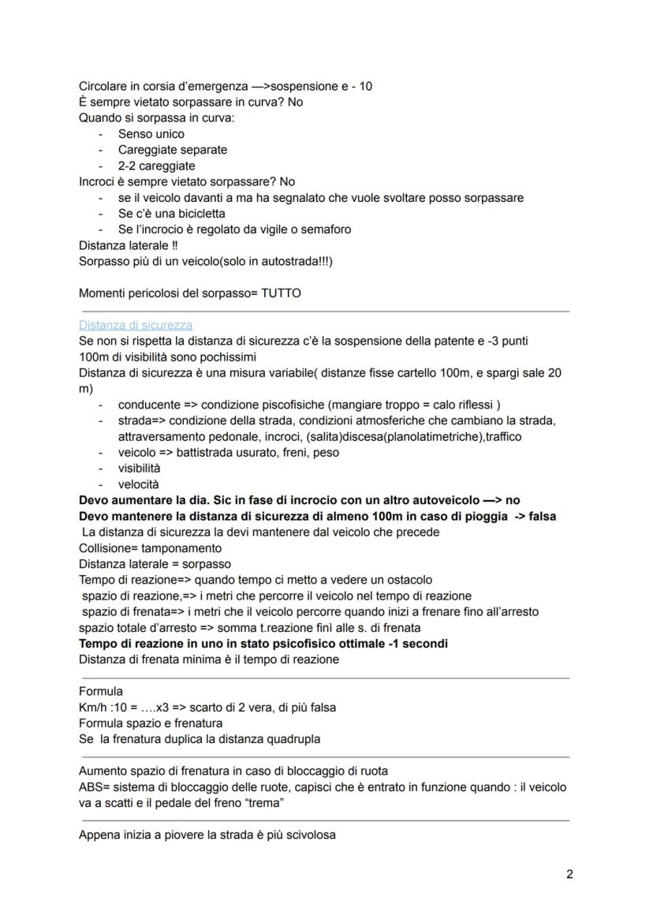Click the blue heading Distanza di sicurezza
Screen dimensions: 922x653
pos(136,325)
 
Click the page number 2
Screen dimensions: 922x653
pos(569,874)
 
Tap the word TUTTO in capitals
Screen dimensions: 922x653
pos(281,293)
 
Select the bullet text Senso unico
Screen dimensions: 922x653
pos(151,134)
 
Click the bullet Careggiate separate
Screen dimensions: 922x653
pos(172,150)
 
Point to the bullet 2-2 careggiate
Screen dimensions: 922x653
pos(156,166)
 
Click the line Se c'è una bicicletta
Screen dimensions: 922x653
pos(171,213)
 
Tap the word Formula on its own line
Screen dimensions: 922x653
pos(101,691)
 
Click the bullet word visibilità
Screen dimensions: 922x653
pos(140,468)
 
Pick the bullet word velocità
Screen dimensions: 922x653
pos(138,484)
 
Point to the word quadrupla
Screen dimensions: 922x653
pos(293,739)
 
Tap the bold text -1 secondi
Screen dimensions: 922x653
pos(420,644)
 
